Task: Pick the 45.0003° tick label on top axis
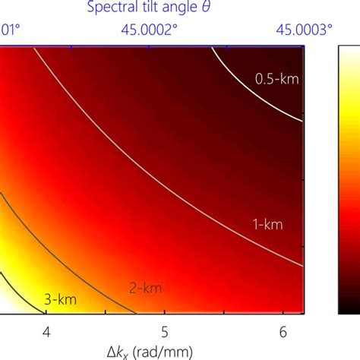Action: (x=304, y=30)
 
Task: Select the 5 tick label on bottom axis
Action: (x=165, y=333)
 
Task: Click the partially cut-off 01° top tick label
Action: (x=9, y=30)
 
